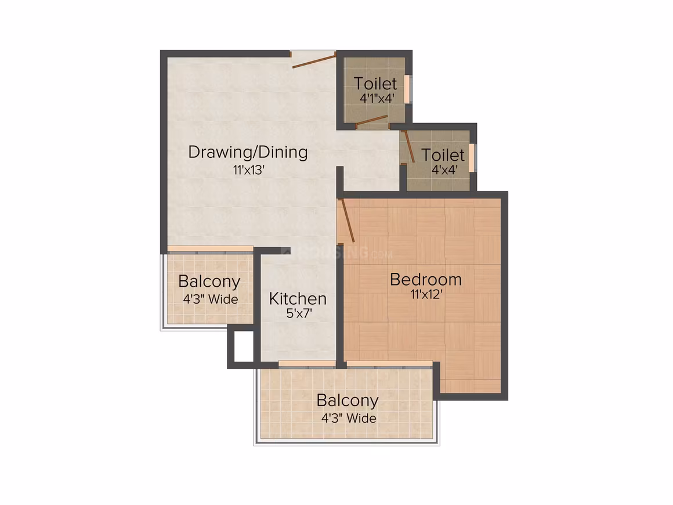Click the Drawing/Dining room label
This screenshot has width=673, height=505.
point(248,153)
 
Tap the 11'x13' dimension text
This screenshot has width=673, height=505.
point(248,171)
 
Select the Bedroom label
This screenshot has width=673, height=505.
point(426,280)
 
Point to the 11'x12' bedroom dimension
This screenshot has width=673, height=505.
point(426,295)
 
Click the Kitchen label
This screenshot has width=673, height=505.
point(298,299)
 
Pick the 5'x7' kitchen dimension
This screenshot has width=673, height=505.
point(299,313)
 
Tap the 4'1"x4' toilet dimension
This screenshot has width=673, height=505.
point(377,98)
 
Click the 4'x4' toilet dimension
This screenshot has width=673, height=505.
point(444,169)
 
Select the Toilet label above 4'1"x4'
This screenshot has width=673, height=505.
point(375,84)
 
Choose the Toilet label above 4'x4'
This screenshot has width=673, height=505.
point(443,154)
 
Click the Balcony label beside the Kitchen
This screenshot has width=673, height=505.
point(209,282)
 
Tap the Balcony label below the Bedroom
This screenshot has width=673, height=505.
point(348,401)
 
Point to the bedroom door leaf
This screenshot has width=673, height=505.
point(346,220)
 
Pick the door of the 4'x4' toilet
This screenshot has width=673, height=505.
point(408,146)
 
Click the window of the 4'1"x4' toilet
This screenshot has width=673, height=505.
point(407,89)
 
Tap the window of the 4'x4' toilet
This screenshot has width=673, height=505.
point(471,158)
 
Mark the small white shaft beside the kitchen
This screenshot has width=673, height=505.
point(244,346)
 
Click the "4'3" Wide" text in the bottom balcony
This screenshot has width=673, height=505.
point(349,419)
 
